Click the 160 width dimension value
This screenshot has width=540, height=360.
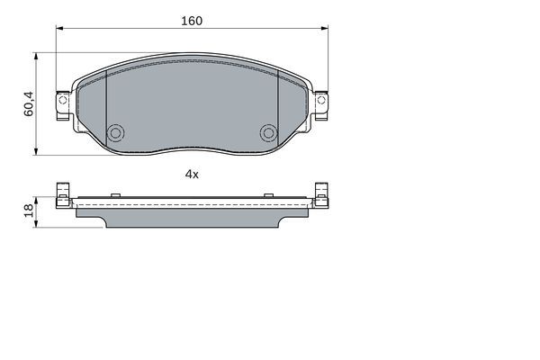191,20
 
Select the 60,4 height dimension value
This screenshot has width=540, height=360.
29,103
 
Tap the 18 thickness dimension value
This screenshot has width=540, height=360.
29,210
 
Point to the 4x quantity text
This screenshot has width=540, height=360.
191,174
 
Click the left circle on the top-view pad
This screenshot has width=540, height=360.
115,133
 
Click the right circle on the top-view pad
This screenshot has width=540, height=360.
267,133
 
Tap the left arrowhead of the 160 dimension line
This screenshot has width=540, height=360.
61,30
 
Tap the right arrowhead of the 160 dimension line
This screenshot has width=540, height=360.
321,30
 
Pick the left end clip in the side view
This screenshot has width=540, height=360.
63,195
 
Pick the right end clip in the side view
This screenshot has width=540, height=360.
320,195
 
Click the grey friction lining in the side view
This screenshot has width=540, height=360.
191,219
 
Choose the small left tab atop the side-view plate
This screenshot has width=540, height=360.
115,193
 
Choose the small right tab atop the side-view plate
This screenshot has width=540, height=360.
267,193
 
